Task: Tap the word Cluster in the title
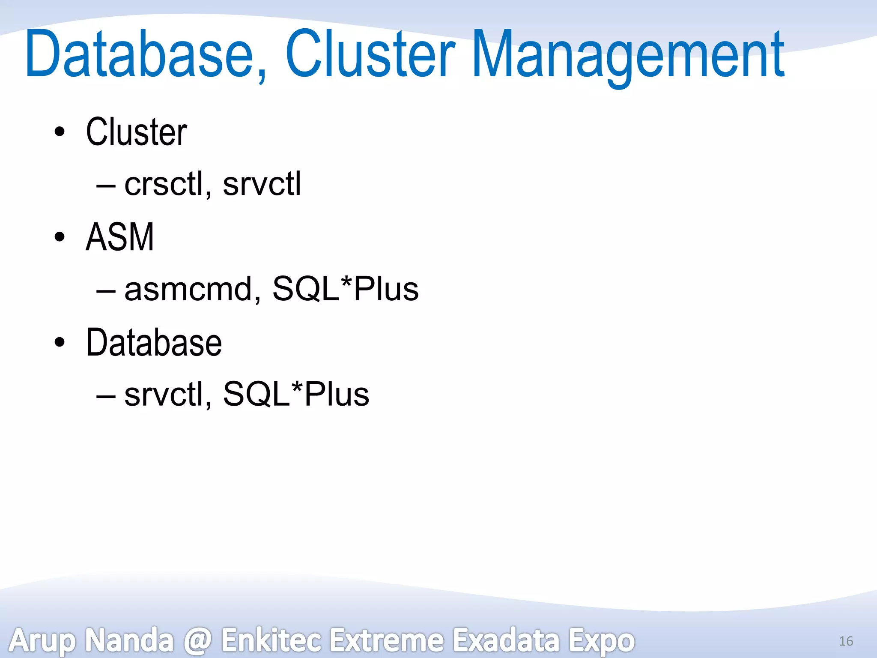pos(370,55)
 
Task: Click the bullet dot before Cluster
pos(60,132)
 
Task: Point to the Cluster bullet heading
pos(136,132)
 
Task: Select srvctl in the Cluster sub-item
pos(262,184)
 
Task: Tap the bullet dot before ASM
pos(60,237)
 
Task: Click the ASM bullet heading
pos(120,237)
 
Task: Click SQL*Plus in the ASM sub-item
pos(345,289)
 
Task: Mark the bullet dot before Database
pos(60,342)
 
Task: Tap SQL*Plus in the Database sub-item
pos(296,394)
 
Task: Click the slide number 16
pos(846,641)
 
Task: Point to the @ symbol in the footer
pos(197,640)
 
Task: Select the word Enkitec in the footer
pos(271,640)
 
